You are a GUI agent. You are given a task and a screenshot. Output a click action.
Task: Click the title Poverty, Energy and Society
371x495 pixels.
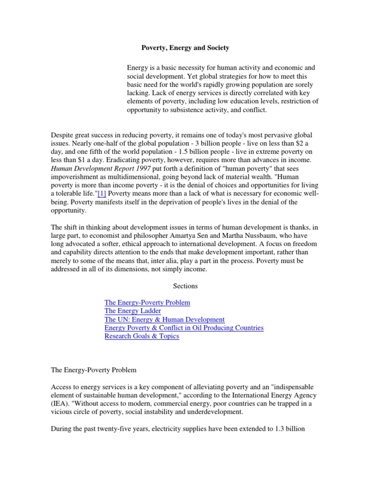(x=185, y=48)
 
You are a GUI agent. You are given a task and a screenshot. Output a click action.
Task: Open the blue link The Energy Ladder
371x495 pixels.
(x=133, y=311)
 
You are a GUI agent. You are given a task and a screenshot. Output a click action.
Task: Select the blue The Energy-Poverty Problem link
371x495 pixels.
(x=147, y=303)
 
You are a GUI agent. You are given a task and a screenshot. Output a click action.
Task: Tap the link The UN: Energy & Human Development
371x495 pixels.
(x=164, y=320)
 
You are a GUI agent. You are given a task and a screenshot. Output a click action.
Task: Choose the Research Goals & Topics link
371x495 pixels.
(x=142, y=336)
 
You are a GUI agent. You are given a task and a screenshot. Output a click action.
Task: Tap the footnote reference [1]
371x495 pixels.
(x=101, y=193)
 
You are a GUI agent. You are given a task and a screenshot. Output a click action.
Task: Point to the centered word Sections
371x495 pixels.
(x=185, y=286)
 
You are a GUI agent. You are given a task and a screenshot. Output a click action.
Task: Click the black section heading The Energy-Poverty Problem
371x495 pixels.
(x=94, y=370)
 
